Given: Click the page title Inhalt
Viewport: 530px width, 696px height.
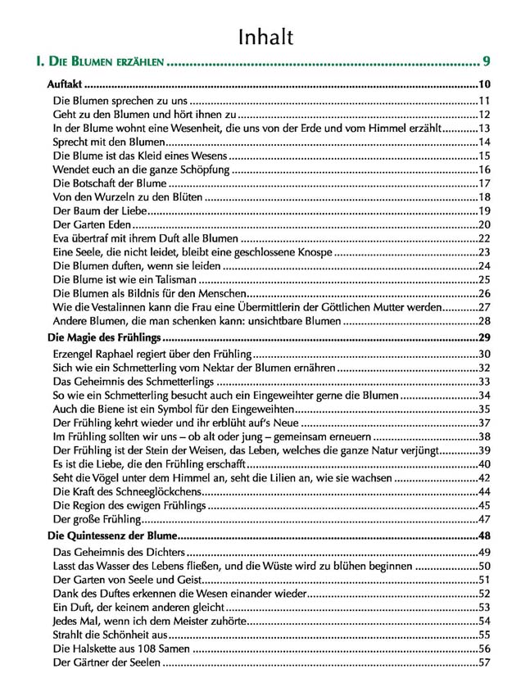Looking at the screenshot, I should coord(265,36).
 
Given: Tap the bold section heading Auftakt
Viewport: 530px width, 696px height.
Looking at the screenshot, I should coord(65,84).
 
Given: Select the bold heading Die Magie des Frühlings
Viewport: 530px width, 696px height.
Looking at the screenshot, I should coord(105,337).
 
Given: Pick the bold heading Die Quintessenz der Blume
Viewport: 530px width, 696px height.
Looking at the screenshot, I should coord(111,536).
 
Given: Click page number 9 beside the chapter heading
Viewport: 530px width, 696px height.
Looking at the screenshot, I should coord(487,61).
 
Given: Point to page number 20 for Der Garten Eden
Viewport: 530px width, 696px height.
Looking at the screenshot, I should coord(483,225).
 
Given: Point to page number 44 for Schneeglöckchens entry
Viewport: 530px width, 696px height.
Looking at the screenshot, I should coord(483,491).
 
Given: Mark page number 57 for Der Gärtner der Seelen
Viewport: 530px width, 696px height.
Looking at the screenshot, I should coord(483,662).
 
